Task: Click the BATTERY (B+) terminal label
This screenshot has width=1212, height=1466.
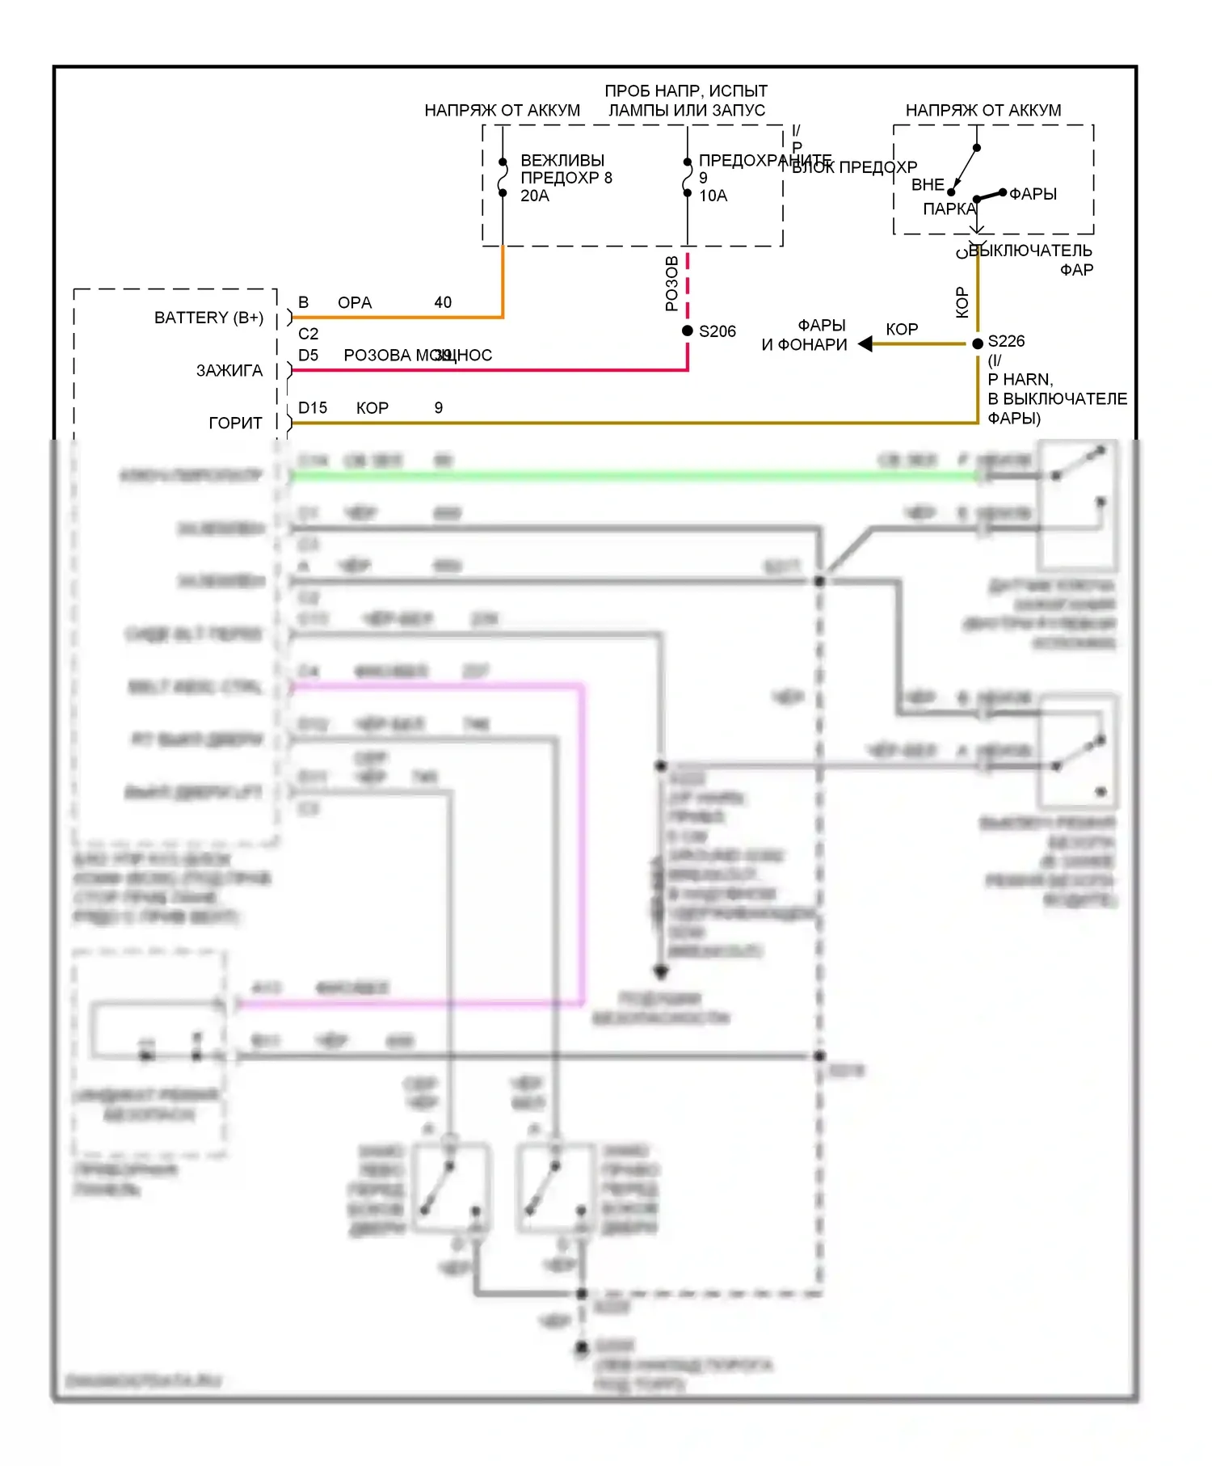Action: pyautogui.click(x=208, y=318)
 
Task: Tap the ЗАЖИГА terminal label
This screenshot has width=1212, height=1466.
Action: pyautogui.click(x=229, y=370)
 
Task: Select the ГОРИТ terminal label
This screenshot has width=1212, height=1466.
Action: pyautogui.click(x=235, y=423)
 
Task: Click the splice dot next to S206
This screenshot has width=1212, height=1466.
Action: pyautogui.click(x=688, y=331)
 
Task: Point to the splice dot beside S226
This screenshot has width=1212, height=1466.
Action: pyautogui.click(x=978, y=343)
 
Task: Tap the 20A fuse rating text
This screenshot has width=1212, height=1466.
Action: pyautogui.click(x=535, y=196)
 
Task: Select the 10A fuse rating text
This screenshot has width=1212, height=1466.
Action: pyautogui.click(x=713, y=196)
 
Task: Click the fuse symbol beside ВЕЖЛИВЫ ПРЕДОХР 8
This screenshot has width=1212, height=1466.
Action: pyautogui.click(x=503, y=177)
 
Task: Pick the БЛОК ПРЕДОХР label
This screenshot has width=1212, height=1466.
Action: pyautogui.click(x=855, y=167)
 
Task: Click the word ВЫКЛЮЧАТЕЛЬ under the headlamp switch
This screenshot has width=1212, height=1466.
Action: pyautogui.click(x=1030, y=251)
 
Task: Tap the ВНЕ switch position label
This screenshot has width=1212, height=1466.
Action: pyautogui.click(x=928, y=185)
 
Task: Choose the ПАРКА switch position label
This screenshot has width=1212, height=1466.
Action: pyautogui.click(x=949, y=209)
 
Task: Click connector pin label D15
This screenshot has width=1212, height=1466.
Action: pyautogui.click(x=313, y=408)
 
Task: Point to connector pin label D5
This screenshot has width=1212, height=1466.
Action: pyautogui.click(x=308, y=356)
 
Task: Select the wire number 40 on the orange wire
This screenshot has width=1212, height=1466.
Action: pyautogui.click(x=443, y=302)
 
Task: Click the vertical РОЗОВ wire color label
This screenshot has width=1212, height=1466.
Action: pyautogui.click(x=671, y=284)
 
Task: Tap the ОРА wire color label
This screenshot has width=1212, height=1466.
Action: pyautogui.click(x=355, y=302)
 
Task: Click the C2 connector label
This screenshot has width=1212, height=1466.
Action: pyautogui.click(x=308, y=334)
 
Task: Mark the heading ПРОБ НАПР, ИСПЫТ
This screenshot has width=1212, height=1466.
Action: pyautogui.click(x=686, y=91)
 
